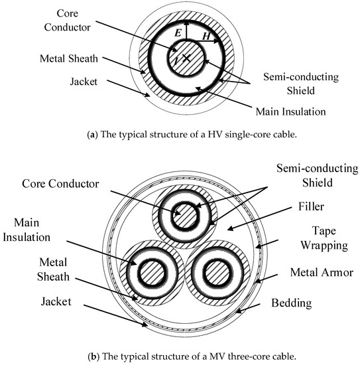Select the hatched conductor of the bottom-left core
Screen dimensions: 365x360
tap(147, 273)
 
